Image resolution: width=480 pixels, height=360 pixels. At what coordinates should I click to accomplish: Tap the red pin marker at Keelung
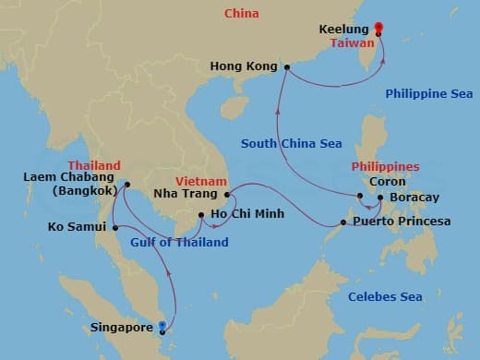[x=378, y=28]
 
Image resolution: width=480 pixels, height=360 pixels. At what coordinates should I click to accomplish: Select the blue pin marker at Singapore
[x=163, y=324]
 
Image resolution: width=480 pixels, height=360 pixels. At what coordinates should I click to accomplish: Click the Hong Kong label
[x=245, y=66]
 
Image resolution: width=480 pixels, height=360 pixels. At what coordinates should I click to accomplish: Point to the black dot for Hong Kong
[x=287, y=66]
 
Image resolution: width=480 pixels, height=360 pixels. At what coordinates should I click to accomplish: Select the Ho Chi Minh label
[x=247, y=215]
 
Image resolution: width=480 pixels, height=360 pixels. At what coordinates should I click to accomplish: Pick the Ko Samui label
[x=78, y=226]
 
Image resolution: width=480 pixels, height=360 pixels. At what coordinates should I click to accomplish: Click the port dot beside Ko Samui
[x=114, y=227]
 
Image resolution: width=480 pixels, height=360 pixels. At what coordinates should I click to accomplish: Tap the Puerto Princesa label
[x=402, y=222]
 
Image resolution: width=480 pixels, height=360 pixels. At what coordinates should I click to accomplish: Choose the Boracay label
[x=414, y=198]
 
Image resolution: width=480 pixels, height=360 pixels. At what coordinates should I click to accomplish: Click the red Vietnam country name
[x=198, y=182]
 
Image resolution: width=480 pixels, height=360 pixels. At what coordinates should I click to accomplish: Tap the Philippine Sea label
[x=428, y=93]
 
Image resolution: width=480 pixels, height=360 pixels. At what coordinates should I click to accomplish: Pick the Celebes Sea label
[x=385, y=296]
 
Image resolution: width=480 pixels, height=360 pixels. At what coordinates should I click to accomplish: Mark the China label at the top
[x=242, y=13]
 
